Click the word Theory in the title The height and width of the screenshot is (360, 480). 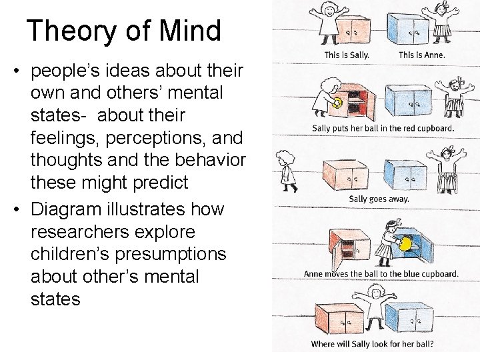67,31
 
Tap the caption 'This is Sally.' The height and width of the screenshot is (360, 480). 347,55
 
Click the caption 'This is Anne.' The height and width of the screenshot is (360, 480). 421,55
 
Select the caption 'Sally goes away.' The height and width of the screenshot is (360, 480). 379,199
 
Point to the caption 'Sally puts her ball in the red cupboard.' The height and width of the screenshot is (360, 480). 383,128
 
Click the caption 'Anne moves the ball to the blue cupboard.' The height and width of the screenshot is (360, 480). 381,273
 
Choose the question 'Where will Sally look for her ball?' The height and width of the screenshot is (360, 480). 372,345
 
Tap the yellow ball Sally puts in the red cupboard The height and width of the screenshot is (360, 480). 337,102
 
